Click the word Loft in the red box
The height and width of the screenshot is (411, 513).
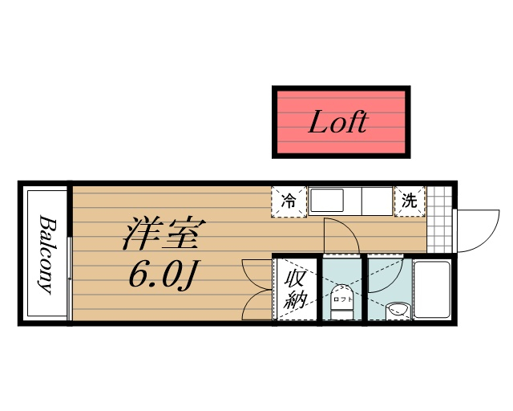click(x=337, y=123)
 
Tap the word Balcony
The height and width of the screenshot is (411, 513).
click(x=46, y=254)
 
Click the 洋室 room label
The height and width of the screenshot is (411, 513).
click(x=164, y=233)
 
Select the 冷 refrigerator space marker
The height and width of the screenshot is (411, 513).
click(x=289, y=201)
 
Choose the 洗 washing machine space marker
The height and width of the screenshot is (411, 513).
click(x=409, y=201)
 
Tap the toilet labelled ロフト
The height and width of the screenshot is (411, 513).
click(x=343, y=299)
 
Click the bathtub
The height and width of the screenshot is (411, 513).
click(x=433, y=290)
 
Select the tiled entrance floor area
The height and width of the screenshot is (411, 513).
click(x=438, y=221)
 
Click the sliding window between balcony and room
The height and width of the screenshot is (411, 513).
click(x=71, y=254)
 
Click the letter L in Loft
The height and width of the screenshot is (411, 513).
click(x=317, y=123)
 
